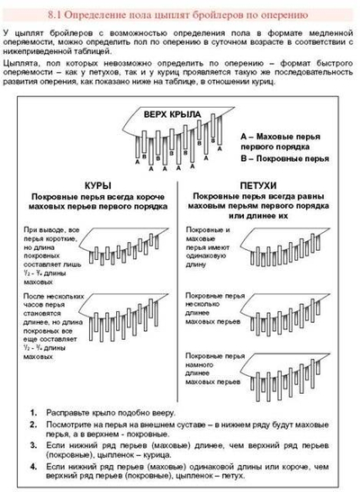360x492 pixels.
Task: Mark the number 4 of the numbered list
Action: [33, 467]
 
